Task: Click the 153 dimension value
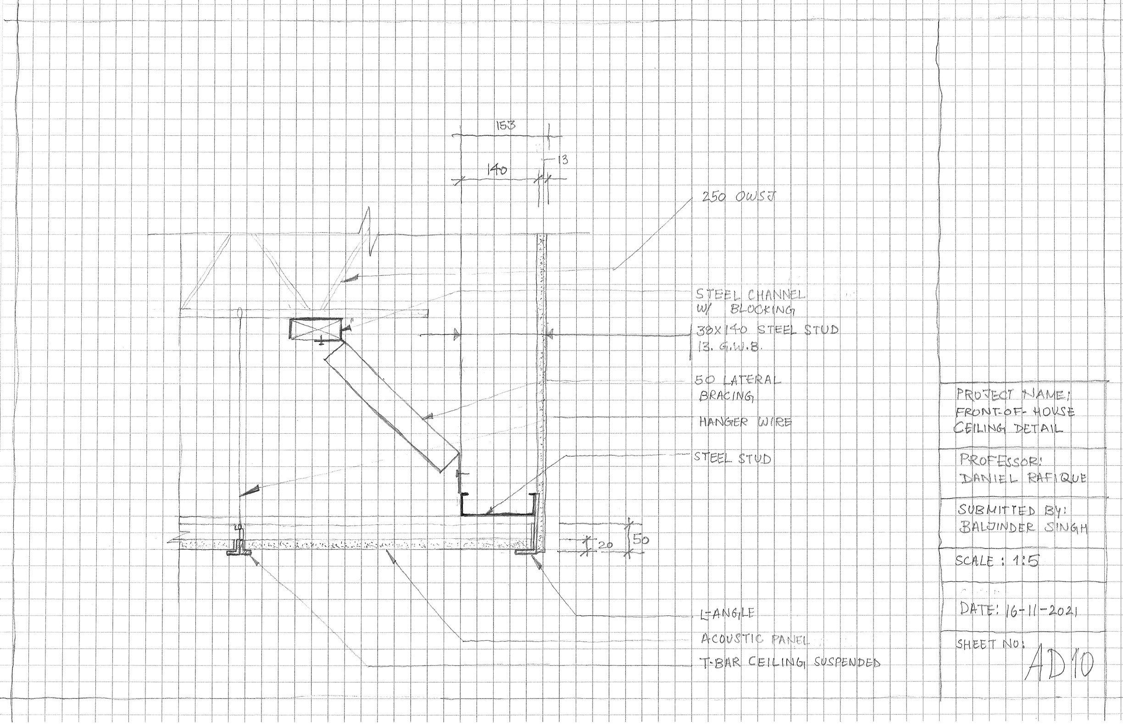(x=506, y=126)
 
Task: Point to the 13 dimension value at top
(x=562, y=161)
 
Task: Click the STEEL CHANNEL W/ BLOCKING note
(x=750, y=302)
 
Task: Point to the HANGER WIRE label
(x=744, y=422)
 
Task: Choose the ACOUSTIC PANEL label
(x=755, y=640)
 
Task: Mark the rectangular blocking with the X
(x=315, y=329)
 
